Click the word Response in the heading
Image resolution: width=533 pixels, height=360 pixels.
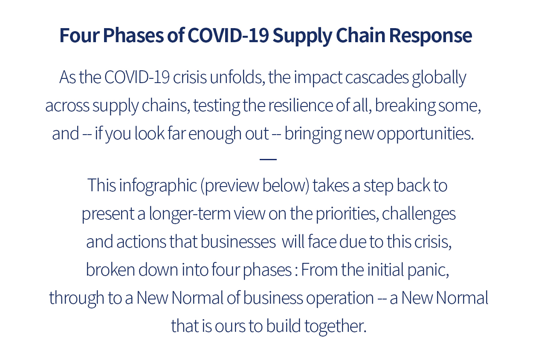(430, 36)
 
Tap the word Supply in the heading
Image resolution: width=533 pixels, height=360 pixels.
(302, 36)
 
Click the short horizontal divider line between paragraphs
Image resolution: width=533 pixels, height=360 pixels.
(268, 159)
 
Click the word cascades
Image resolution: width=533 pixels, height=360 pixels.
(377, 78)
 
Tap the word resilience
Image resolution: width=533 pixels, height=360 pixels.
(301, 105)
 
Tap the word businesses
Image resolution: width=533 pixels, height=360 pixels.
(238, 242)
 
